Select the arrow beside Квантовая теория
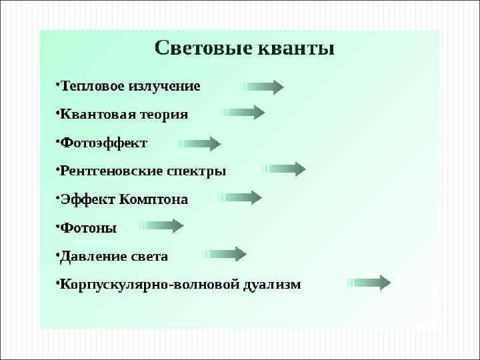point(244,112)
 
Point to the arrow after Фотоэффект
point(200,143)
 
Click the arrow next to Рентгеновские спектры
point(285,169)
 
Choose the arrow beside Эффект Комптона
point(240,197)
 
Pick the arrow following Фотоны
point(163,226)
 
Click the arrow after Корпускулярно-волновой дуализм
point(369,283)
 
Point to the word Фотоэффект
point(104,143)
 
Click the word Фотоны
point(88,228)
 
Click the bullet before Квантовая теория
point(57,112)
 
